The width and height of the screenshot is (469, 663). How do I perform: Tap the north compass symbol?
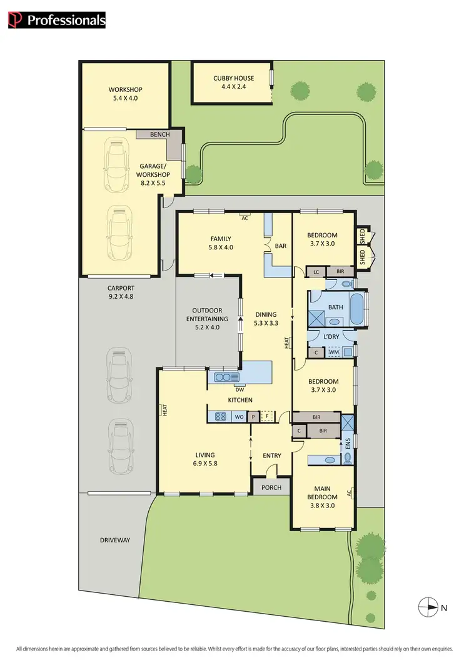pyautogui.click(x=427, y=606)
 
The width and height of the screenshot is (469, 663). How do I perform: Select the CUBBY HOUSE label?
pyautogui.click(x=233, y=78)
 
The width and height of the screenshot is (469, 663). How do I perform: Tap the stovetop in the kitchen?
pyautogui.click(x=221, y=416)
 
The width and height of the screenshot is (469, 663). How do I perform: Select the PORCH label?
pyautogui.click(x=271, y=487)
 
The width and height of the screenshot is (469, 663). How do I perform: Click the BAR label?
pyautogui.click(x=280, y=246)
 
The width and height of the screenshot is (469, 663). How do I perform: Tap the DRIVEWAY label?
pyautogui.click(x=114, y=540)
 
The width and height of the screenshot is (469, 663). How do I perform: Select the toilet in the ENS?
pyautogui.click(x=347, y=459)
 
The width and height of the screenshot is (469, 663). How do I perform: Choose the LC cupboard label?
pyautogui.click(x=316, y=272)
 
